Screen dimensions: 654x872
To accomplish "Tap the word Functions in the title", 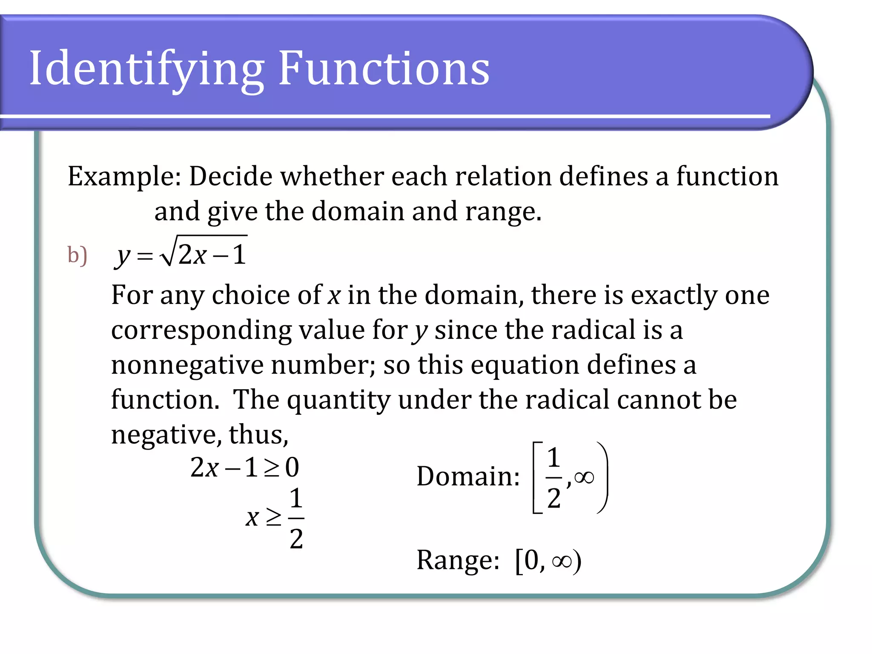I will click(384, 68).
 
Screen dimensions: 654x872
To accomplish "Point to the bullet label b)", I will click(77, 255).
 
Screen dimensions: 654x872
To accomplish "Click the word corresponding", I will click(201, 330).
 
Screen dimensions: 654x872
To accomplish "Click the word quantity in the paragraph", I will click(338, 400).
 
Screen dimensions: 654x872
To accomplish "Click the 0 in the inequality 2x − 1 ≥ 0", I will click(292, 468).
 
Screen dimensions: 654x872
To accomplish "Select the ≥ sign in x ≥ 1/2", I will click(273, 517).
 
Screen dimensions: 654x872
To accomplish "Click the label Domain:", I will click(468, 476).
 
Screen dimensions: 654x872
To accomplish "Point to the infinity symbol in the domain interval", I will click(584, 477).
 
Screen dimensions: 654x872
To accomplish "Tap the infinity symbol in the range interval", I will click(562, 561).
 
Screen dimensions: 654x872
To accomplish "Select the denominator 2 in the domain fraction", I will click(554, 498).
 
